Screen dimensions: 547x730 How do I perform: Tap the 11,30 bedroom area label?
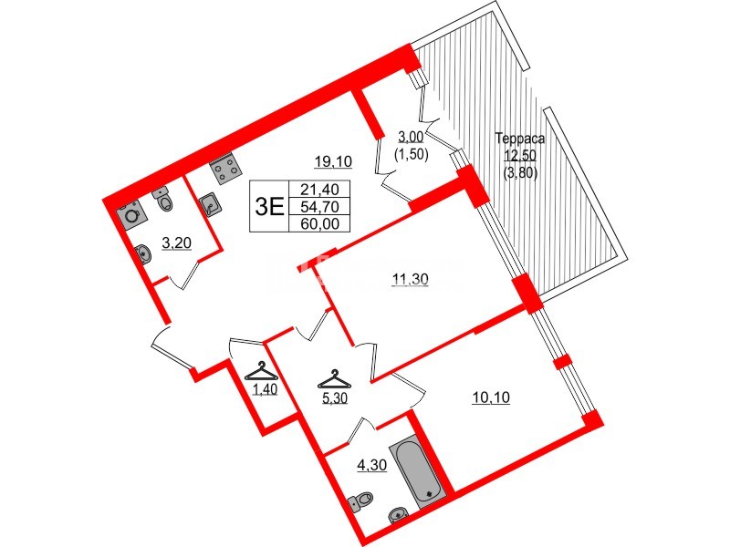tap(409, 280)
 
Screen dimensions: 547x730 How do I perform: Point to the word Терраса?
tap(519, 139)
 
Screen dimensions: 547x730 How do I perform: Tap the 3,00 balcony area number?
tap(409, 138)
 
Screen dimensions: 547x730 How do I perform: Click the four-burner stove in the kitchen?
tap(224, 169)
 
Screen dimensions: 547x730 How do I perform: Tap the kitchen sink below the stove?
tap(212, 204)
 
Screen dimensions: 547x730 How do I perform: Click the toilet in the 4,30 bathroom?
tap(362, 501)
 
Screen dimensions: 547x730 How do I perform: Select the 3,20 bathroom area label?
tap(176, 243)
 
